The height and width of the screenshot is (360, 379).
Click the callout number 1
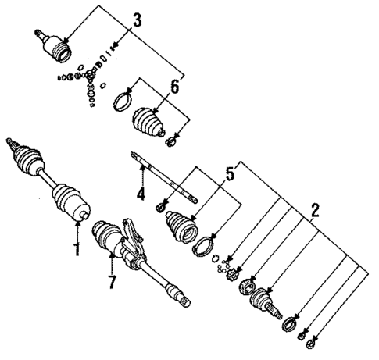(x=77, y=251)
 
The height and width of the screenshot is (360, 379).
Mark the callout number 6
(x=174, y=88)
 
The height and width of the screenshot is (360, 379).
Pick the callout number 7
(x=111, y=282)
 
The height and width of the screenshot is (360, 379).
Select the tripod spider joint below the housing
(x=91, y=79)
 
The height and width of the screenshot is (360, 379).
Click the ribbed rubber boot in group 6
(x=149, y=123)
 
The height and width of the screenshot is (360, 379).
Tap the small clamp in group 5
(x=160, y=206)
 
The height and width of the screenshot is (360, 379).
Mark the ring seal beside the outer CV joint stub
(x=290, y=320)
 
